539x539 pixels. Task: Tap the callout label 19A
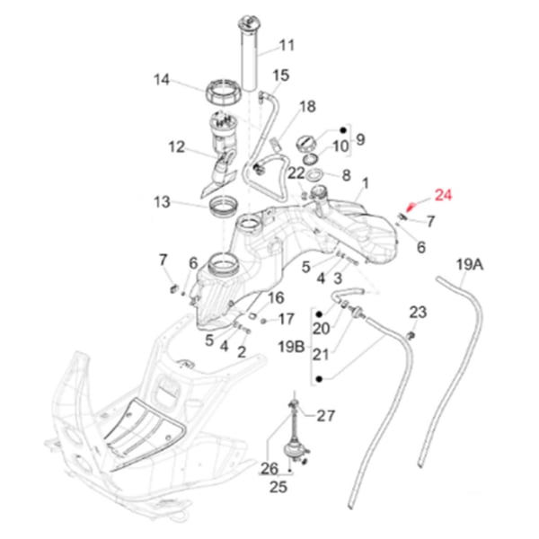(470, 265)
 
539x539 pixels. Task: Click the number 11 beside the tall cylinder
(287, 45)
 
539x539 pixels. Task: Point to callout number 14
(162, 80)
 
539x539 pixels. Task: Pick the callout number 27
(324, 416)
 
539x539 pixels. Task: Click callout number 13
(162, 202)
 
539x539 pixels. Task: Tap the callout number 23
(418, 312)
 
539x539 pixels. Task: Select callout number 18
(307, 107)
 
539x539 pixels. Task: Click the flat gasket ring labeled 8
(316, 173)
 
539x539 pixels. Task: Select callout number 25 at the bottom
(278, 488)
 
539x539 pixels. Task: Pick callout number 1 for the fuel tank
(365, 183)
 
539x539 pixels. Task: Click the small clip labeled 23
(410, 334)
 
